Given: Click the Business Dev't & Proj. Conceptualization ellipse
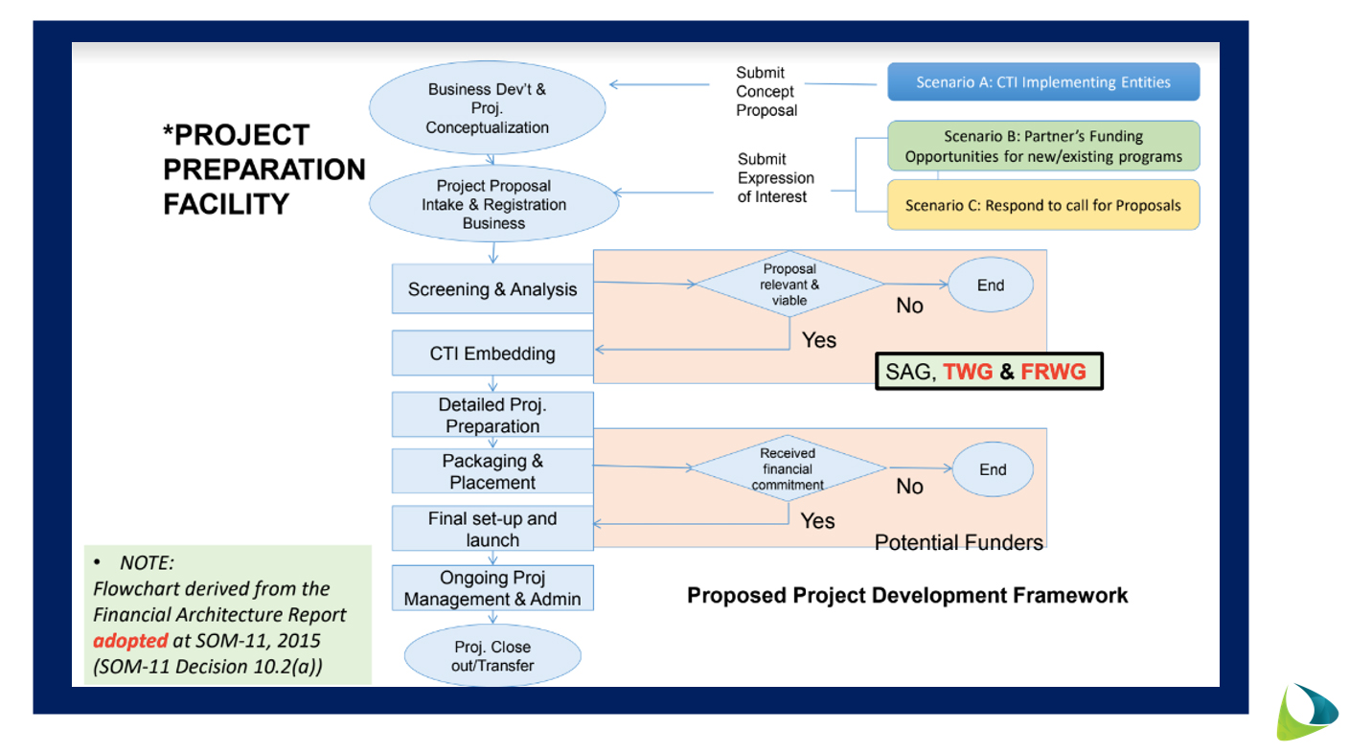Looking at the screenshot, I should pyautogui.click(x=488, y=108).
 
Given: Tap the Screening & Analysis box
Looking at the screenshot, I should pyautogui.click(x=492, y=289).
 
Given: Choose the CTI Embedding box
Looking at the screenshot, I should pyautogui.click(x=492, y=353).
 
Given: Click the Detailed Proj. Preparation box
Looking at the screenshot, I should pyautogui.click(x=492, y=416).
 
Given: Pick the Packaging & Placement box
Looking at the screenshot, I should pyautogui.click(x=492, y=472).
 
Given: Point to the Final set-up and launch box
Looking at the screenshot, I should pyautogui.click(x=492, y=529).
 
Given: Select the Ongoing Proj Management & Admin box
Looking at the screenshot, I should pyautogui.click(x=492, y=588).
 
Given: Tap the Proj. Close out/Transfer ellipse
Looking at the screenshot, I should pyautogui.click(x=492, y=656).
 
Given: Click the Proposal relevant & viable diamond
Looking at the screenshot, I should pyautogui.click(x=790, y=285).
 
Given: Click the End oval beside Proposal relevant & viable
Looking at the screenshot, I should pyautogui.click(x=991, y=285).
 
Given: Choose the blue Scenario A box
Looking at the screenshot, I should pyautogui.click(x=1043, y=82).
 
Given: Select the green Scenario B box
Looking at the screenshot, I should pyautogui.click(x=1043, y=147).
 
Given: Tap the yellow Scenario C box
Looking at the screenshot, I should pyautogui.click(x=1043, y=205).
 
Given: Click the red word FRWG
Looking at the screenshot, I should pyautogui.click(x=1053, y=372).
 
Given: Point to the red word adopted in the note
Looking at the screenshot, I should pyautogui.click(x=130, y=641).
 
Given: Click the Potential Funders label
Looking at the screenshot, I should pyautogui.click(x=958, y=543).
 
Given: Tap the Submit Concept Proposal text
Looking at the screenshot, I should pyautogui.click(x=766, y=92).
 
